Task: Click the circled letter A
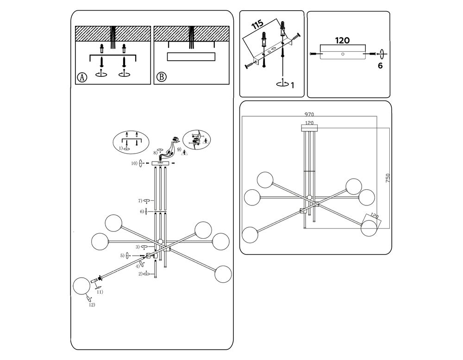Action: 82,77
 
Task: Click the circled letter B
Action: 161,77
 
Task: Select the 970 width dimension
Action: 310,114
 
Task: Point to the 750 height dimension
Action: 388,179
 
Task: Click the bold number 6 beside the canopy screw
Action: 380,66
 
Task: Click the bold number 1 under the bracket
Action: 292,85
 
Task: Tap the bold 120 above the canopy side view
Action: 342,40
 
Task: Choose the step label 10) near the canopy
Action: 134,163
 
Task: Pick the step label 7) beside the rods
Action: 139,201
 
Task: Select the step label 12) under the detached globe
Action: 92,304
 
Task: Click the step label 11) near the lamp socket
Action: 100,292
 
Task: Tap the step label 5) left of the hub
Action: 122,255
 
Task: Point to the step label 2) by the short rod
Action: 139,274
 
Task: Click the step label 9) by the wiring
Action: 179,149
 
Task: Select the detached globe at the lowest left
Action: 81,285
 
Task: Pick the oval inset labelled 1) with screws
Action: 131,141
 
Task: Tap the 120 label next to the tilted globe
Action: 374,217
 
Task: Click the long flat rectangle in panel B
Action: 191,56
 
